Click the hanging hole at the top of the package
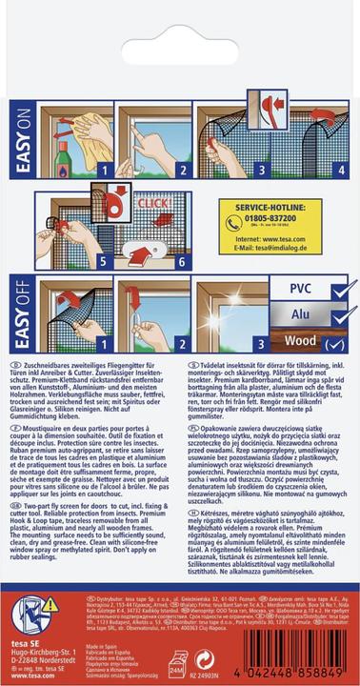click(x=180, y=21)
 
